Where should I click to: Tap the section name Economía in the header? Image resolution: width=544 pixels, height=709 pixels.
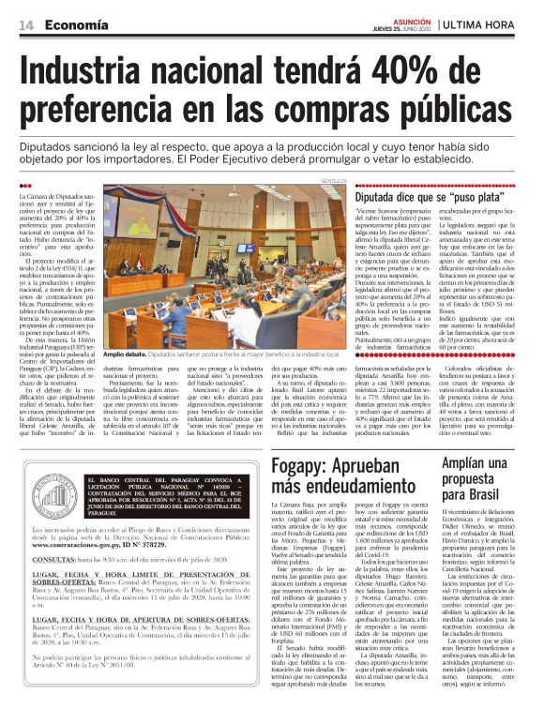[74, 23]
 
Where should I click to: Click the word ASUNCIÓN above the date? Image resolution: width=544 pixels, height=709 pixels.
[405, 17]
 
